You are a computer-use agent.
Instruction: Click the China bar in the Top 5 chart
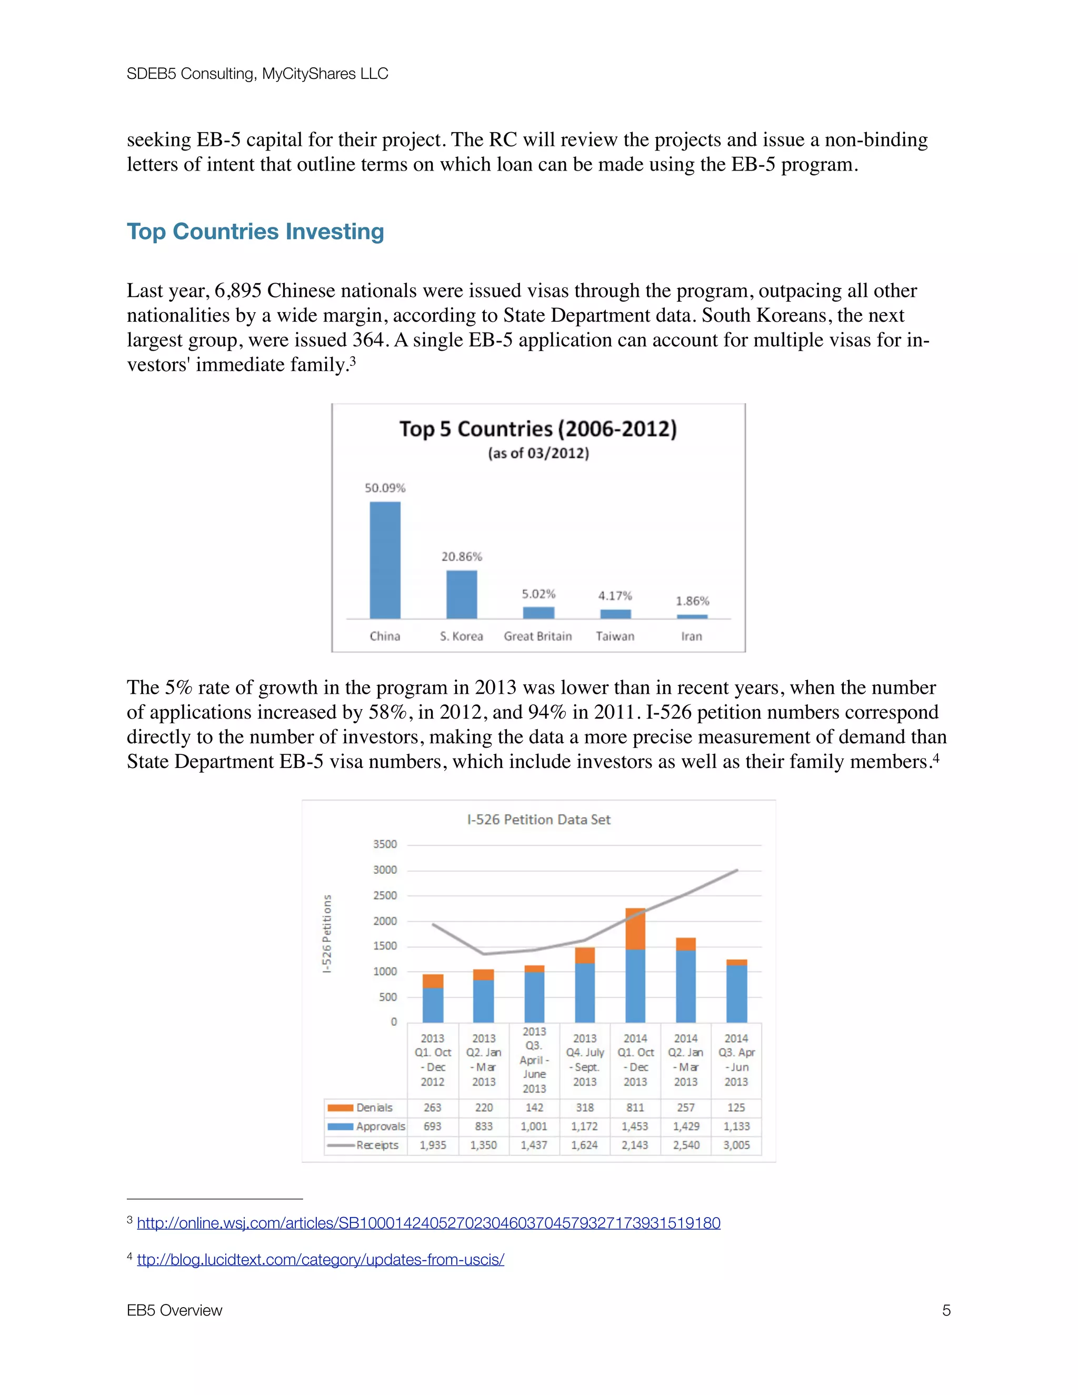click(x=385, y=560)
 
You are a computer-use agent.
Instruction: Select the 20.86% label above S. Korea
click(x=461, y=556)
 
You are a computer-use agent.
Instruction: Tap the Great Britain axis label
click(x=538, y=636)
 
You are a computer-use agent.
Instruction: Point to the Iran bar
click(x=692, y=616)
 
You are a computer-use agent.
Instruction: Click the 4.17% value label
click(x=615, y=595)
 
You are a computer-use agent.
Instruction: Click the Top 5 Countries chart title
click(x=538, y=429)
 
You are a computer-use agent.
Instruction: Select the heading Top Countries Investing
click(x=255, y=231)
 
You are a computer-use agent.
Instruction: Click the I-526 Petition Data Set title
click(x=538, y=820)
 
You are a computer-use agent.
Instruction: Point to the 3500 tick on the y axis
click(x=385, y=844)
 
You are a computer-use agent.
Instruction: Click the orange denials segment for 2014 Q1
click(x=635, y=929)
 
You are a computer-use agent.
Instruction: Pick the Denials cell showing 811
click(x=635, y=1108)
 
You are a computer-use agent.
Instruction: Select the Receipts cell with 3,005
click(x=736, y=1145)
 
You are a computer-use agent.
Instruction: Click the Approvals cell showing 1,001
click(x=534, y=1127)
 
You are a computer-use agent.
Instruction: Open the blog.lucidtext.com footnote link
click(x=321, y=1260)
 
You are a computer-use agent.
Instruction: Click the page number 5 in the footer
click(x=946, y=1311)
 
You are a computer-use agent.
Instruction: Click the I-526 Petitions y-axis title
click(x=327, y=933)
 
